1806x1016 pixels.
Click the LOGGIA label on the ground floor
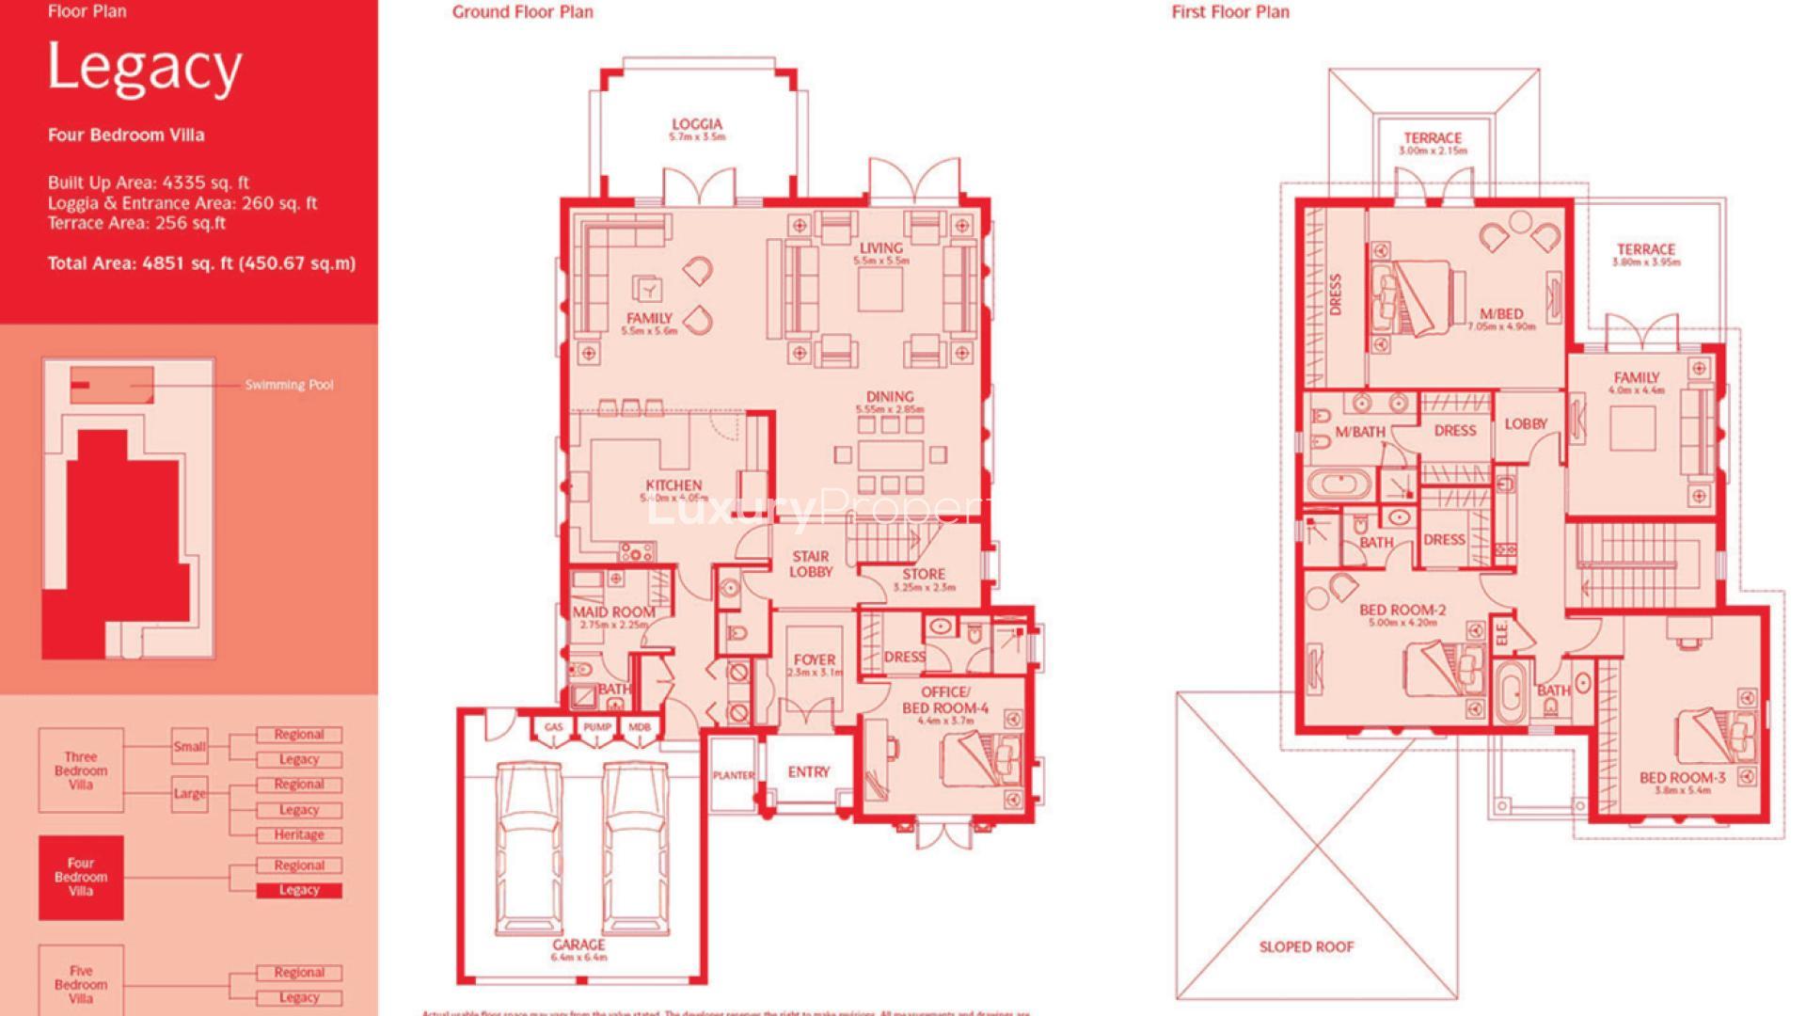(697, 124)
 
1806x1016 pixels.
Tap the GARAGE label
(578, 945)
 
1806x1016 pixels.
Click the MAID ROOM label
(613, 612)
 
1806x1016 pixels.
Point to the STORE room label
(924, 574)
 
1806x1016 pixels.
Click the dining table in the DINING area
(889, 455)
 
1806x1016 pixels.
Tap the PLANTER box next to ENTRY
(734, 775)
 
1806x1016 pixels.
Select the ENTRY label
(809, 771)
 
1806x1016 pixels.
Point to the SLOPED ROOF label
(1307, 946)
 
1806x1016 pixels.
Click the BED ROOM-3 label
(1682, 778)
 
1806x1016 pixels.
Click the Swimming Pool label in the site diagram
(289, 385)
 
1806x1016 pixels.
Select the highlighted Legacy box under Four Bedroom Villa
(299, 890)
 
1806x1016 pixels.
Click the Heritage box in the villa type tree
(299, 834)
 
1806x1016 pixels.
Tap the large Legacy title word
(145, 68)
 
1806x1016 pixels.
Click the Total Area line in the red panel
(201, 263)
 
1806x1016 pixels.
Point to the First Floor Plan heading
(1230, 12)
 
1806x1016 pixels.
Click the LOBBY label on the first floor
(1526, 424)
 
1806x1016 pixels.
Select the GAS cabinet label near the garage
(553, 727)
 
